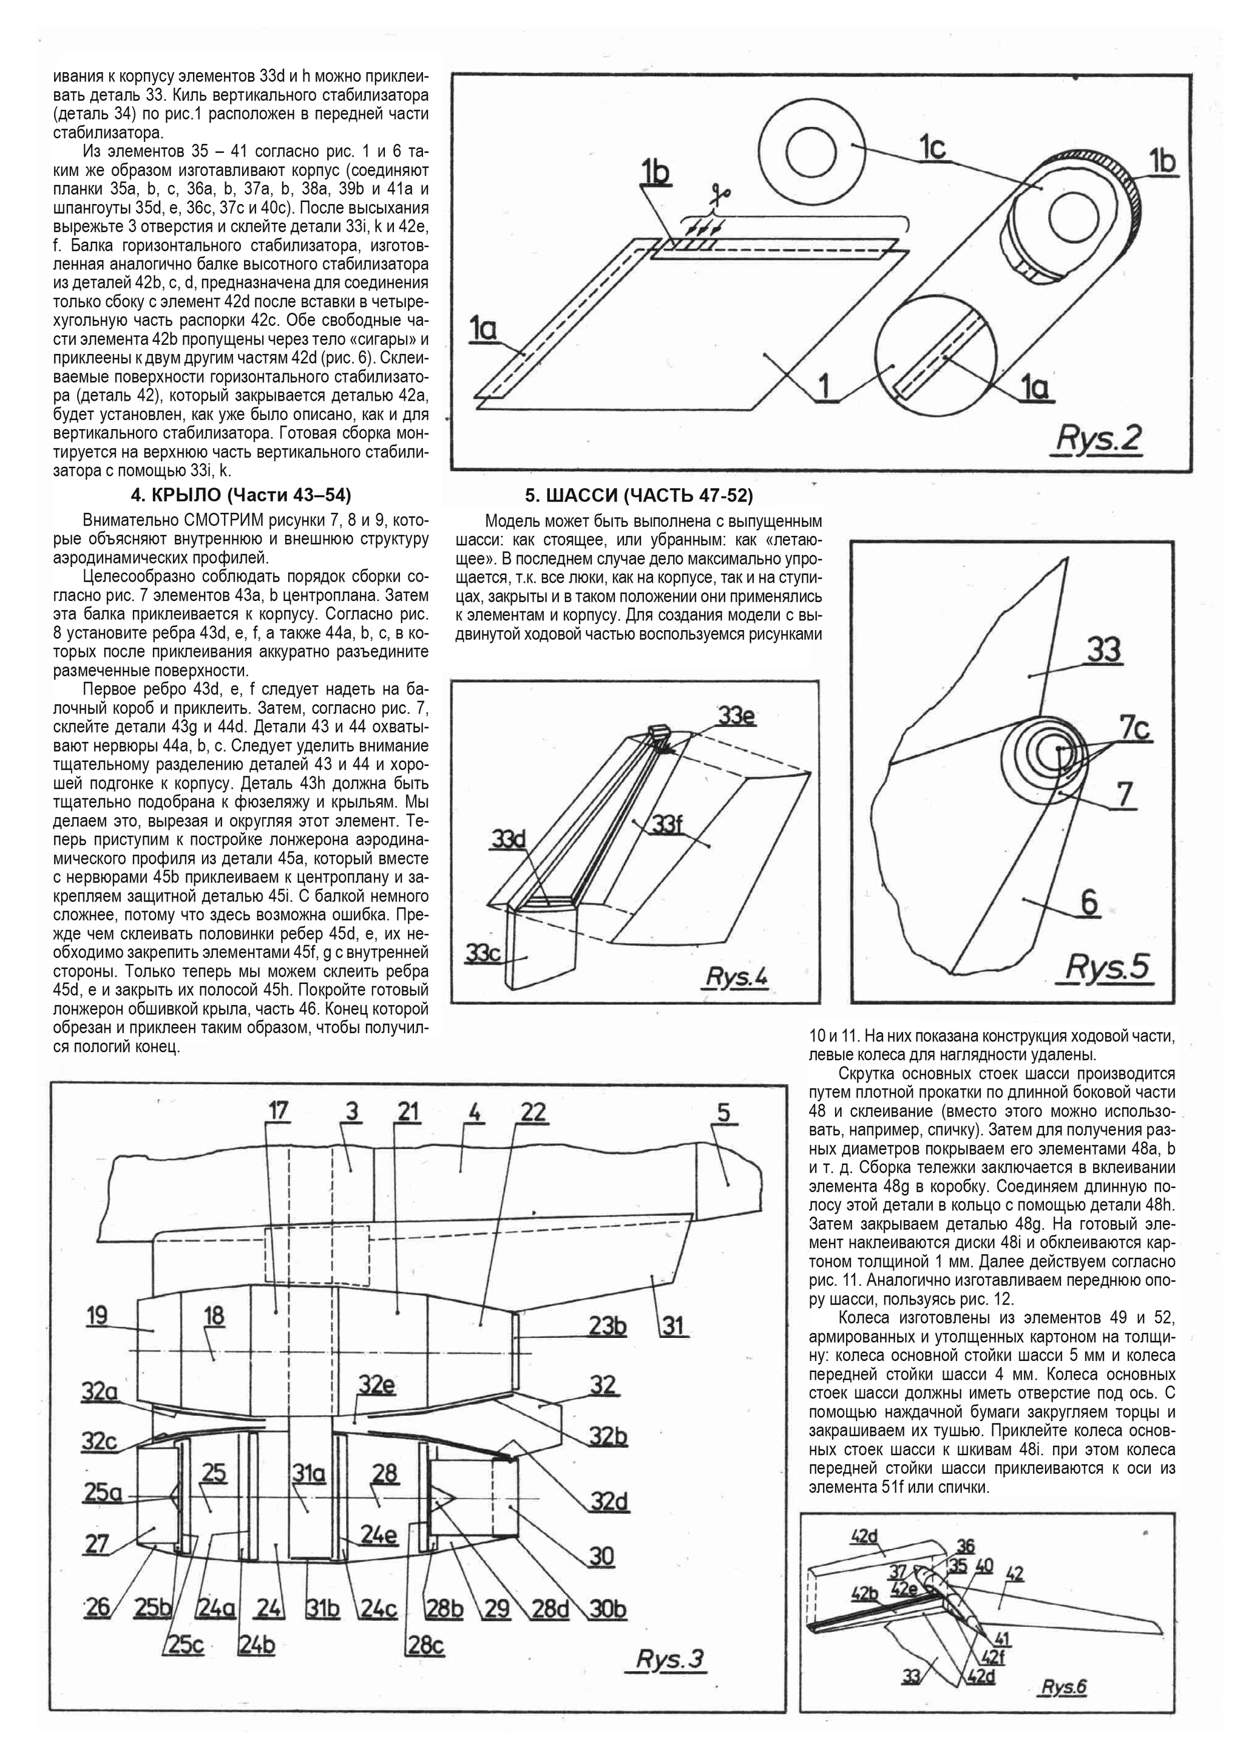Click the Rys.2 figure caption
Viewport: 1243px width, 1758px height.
pyautogui.click(x=1099, y=439)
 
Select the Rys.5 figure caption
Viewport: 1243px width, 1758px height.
pyautogui.click(x=1108, y=968)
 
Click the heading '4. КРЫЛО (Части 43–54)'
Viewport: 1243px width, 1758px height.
pyautogui.click(x=241, y=495)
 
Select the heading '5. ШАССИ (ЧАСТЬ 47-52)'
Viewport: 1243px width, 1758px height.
pyautogui.click(x=638, y=495)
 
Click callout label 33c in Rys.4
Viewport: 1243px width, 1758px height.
pyautogui.click(x=483, y=953)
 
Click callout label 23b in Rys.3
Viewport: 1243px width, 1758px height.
pyautogui.click(x=608, y=1325)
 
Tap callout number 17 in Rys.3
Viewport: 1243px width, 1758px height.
pyautogui.click(x=278, y=1111)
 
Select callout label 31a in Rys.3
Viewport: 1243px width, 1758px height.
pyautogui.click(x=308, y=1473)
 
